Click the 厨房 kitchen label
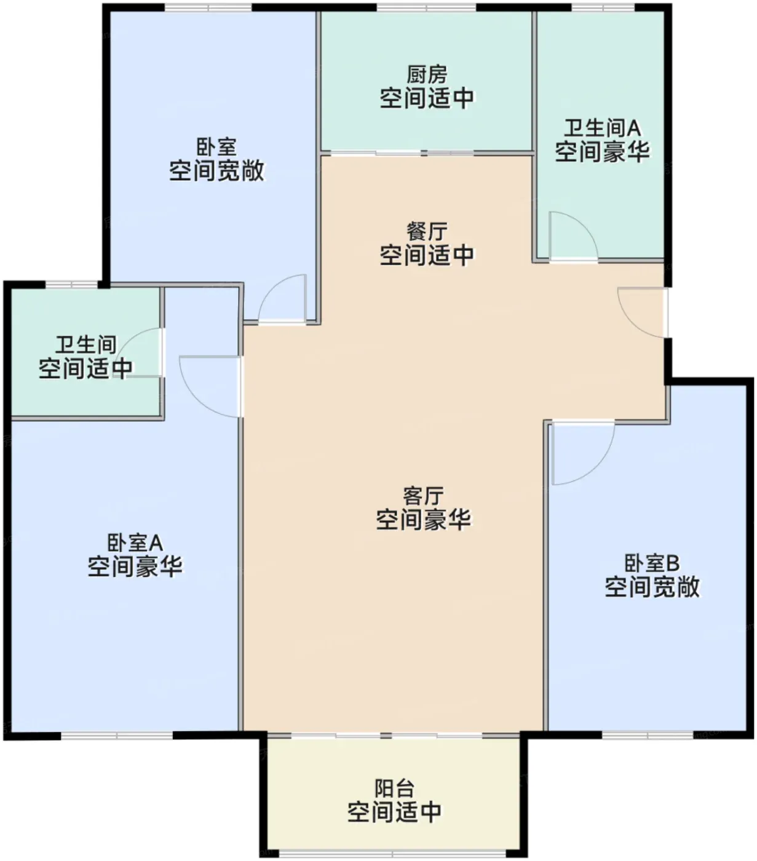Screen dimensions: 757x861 [x=426, y=75]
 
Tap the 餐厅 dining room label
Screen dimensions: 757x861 [x=426, y=232]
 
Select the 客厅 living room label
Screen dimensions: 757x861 [x=423, y=496]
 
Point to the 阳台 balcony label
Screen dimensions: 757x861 [x=394, y=789]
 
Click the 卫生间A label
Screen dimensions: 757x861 [x=602, y=128]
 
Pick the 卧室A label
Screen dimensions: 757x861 [x=135, y=542]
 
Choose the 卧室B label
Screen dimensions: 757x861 [x=652, y=563]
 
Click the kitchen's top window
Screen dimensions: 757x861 [x=426, y=7]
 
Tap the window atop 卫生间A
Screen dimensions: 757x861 [x=603, y=7]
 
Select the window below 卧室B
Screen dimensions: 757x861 [x=648, y=735]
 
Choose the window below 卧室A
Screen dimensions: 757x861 [x=117, y=735]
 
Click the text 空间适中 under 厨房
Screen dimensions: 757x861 [x=427, y=98]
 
